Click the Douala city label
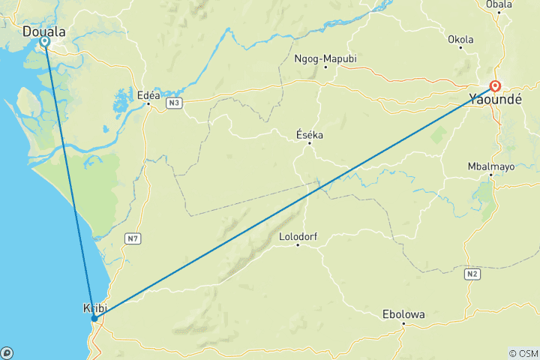click(44, 31)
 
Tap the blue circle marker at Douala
click(45, 42)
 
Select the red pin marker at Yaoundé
click(495, 85)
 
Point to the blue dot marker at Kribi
click(94, 319)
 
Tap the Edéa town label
click(148, 94)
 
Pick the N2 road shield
click(472, 275)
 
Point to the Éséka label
click(310, 134)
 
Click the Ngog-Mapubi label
click(325, 58)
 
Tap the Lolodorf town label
click(298, 236)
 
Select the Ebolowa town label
click(404, 314)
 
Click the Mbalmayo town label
click(491, 166)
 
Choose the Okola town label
click(460, 39)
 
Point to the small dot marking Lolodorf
click(298, 245)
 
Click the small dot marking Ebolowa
click(403, 324)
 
